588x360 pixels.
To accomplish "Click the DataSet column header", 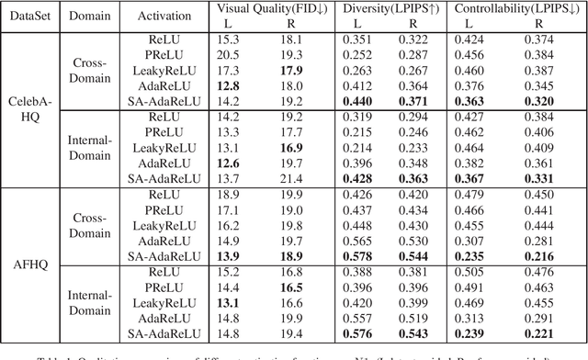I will [28, 17].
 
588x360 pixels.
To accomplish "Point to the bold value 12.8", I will [229, 88].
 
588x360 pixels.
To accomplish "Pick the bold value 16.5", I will [293, 288].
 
